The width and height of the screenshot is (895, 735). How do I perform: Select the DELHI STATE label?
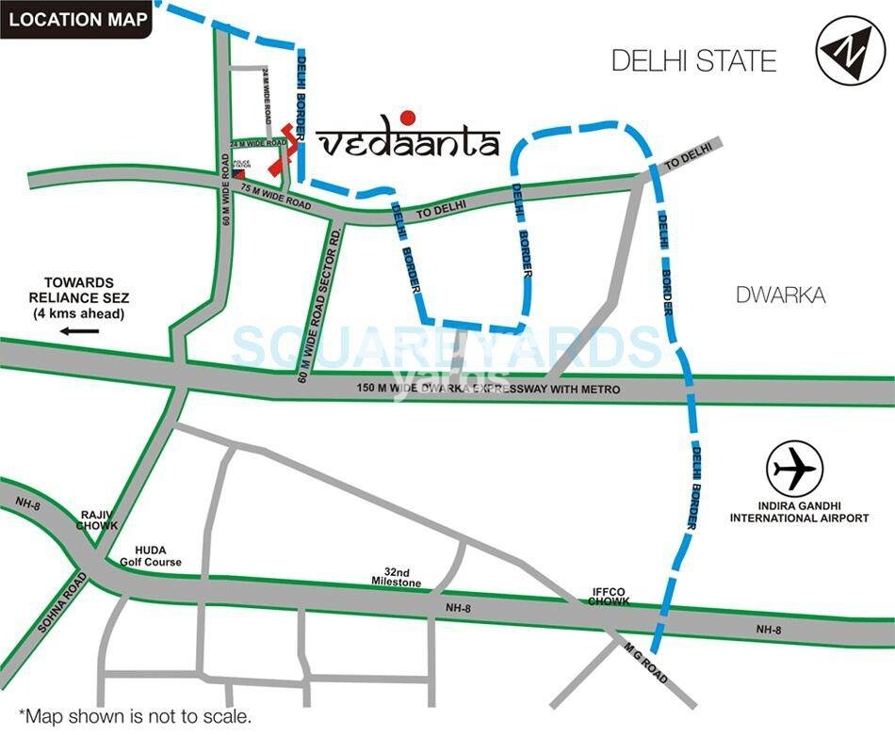pyautogui.click(x=693, y=61)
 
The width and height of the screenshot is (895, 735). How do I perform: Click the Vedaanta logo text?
pyautogui.click(x=409, y=143)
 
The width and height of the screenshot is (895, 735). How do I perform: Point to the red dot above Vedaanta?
pyautogui.click(x=407, y=118)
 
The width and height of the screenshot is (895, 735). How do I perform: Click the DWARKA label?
pyautogui.click(x=781, y=296)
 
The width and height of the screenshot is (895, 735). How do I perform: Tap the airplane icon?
pyautogui.click(x=795, y=469)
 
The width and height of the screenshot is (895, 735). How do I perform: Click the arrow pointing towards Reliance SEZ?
pyautogui.click(x=81, y=331)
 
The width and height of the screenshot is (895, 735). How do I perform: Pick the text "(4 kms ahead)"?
pyautogui.click(x=79, y=312)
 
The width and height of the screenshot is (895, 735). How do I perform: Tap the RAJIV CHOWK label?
pyautogui.click(x=97, y=519)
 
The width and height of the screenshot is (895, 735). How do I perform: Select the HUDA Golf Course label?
pyautogui.click(x=150, y=555)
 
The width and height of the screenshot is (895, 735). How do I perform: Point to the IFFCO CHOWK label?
pyautogui.click(x=609, y=597)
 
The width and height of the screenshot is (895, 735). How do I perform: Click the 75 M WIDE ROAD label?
pyautogui.click(x=274, y=195)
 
